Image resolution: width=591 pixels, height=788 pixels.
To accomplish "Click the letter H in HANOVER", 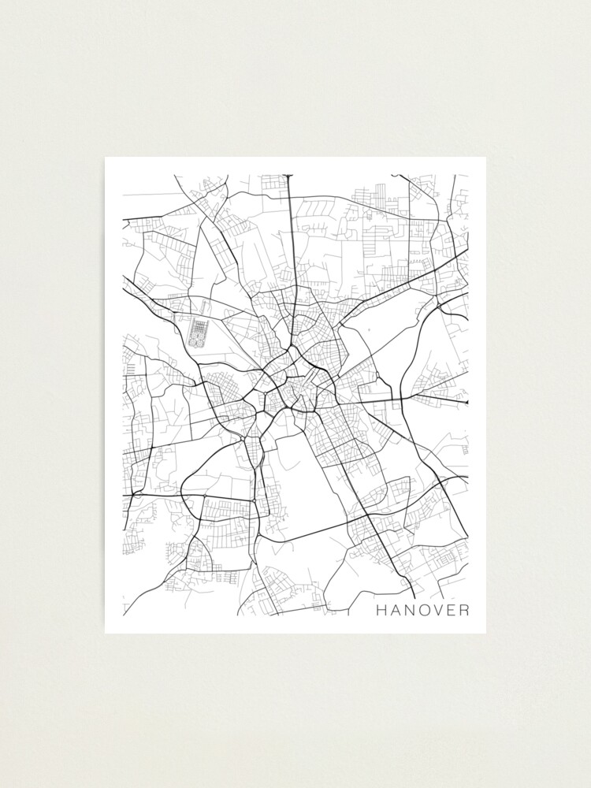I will (381, 610).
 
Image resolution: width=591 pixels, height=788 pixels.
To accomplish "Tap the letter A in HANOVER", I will (396, 610).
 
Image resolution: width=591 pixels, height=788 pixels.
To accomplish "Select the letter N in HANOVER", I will (410, 610).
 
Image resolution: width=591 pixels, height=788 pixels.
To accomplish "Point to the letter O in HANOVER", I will (425, 610).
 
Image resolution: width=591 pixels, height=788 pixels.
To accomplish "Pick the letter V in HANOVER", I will (439, 610).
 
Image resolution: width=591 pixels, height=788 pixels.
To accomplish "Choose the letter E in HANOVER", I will (452, 610).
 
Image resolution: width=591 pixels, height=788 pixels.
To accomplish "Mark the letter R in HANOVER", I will (464, 610).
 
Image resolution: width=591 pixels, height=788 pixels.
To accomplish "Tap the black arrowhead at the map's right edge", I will (466, 403).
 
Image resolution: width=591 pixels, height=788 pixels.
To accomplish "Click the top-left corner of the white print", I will (106, 158).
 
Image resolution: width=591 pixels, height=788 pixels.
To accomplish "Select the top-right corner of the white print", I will (485, 158).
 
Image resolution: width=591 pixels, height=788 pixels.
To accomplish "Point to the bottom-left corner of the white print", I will (106, 633).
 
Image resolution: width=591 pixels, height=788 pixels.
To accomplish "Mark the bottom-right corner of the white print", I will (485, 633).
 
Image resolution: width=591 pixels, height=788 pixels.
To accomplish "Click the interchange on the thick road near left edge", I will (136, 494).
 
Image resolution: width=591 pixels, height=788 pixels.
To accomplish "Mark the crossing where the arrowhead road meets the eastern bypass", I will (403, 400).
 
